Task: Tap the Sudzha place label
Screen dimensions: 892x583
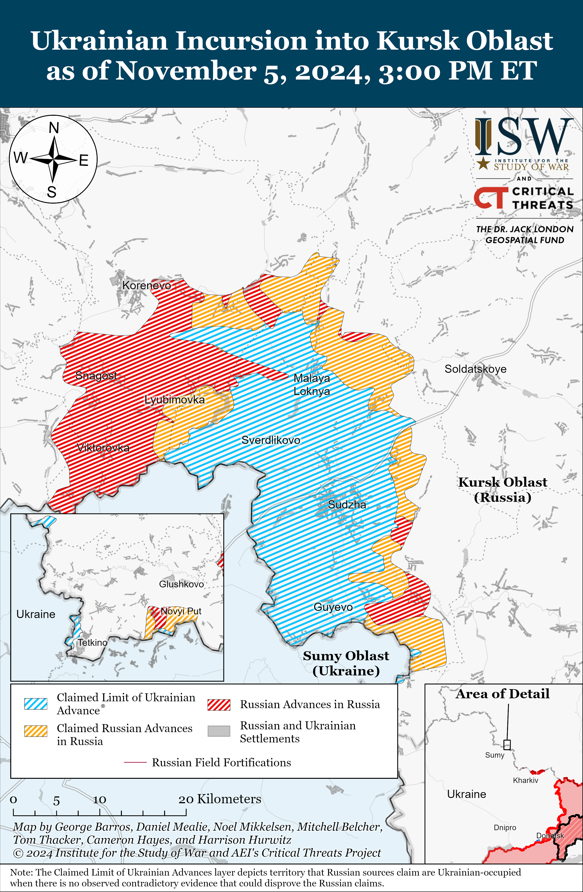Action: pyautogui.click(x=347, y=505)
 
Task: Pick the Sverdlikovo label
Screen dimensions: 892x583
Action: pyautogui.click(x=270, y=440)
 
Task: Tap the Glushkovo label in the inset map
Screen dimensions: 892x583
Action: pyautogui.click(x=181, y=584)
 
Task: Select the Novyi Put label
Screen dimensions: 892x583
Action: pyautogui.click(x=181, y=611)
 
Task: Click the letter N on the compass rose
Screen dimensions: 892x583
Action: pyautogui.click(x=54, y=128)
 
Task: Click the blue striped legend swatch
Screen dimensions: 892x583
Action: pyautogui.click(x=36, y=704)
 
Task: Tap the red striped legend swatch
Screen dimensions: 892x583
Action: pyautogui.click(x=219, y=705)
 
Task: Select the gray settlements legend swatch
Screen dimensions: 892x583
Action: pyautogui.click(x=219, y=731)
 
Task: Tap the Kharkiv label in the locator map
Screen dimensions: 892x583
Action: pyautogui.click(x=525, y=780)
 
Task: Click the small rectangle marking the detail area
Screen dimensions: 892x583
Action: pyautogui.click(x=507, y=744)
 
